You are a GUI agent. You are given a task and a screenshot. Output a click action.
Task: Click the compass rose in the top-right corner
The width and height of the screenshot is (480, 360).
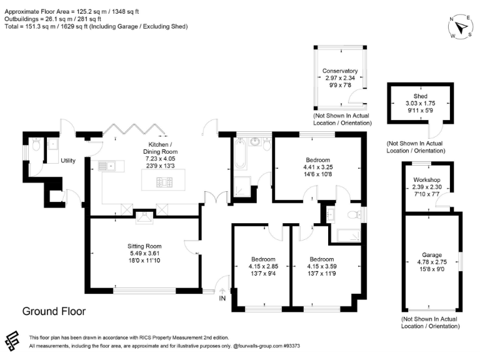pyautogui.click(x=461, y=27)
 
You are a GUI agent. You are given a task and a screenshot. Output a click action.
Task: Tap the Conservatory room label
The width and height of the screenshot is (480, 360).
pyautogui.click(x=339, y=71)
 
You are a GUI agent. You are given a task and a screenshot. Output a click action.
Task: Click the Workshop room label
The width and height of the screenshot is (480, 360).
pyautogui.click(x=427, y=180)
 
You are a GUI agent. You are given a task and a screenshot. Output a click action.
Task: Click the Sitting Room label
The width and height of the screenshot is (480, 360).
pyautogui.click(x=146, y=246)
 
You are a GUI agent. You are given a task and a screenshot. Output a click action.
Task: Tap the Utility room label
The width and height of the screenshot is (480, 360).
pyautogui.click(x=68, y=161)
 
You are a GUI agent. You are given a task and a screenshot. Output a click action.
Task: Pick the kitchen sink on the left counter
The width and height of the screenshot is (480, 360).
pyautogui.click(x=107, y=166)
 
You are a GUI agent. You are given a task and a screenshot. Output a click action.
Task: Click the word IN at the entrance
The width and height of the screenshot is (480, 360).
pyautogui.click(x=222, y=299)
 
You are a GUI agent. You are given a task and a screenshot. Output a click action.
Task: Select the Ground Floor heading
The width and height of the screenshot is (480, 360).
pyautogui.click(x=54, y=311)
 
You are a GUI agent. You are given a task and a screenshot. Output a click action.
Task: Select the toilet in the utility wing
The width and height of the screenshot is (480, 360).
pyautogui.click(x=37, y=146)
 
